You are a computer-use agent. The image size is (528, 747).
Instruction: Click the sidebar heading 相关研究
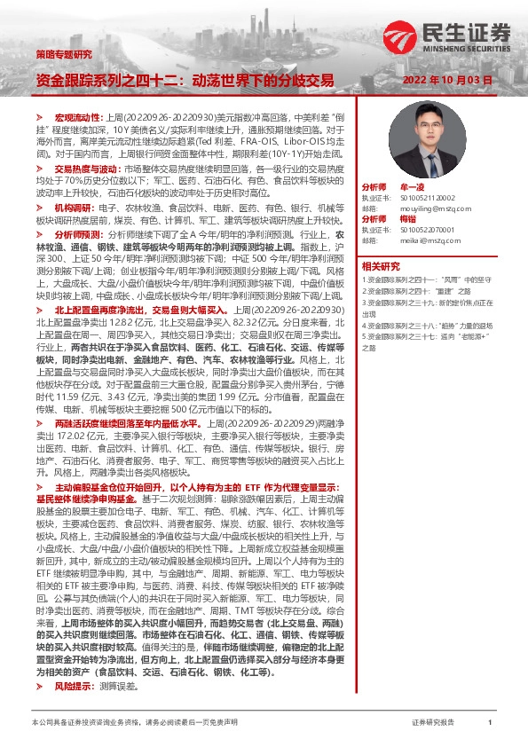click(x=381, y=264)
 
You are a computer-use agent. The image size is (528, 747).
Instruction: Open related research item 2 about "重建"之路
click(x=417, y=290)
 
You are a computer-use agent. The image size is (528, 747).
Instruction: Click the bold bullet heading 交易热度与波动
click(x=85, y=167)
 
